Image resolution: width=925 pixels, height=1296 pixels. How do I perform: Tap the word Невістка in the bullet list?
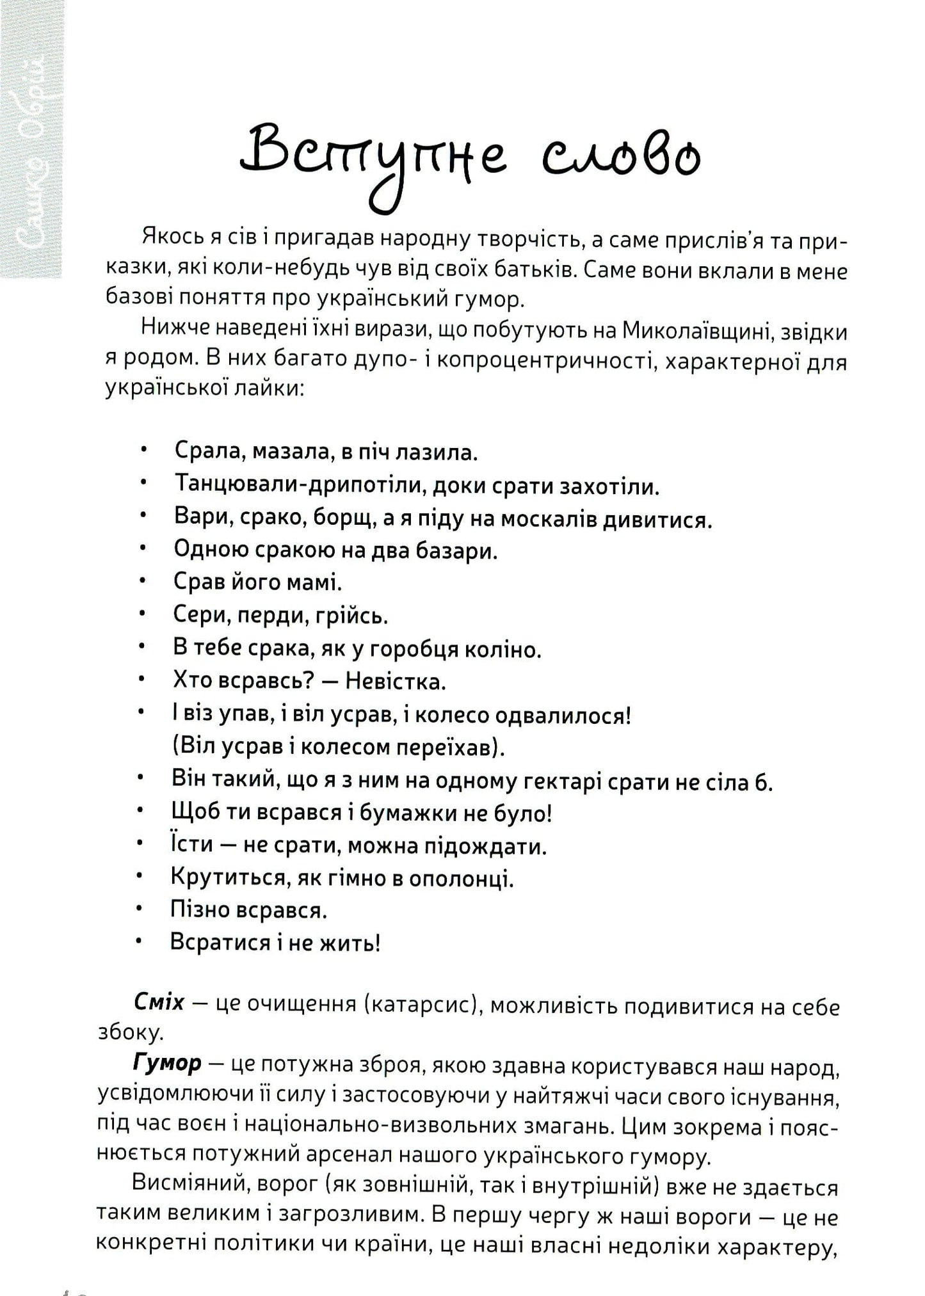395,681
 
